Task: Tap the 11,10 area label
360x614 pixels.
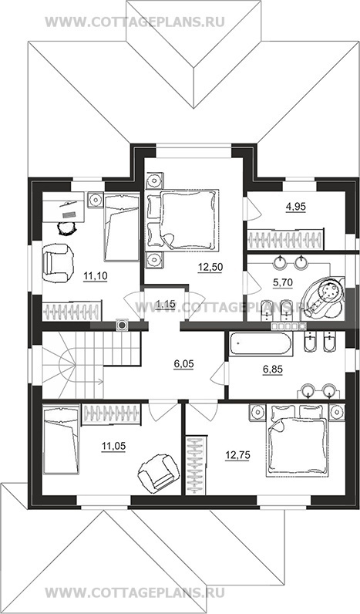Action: point(95,276)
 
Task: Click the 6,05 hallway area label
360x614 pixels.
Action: point(184,364)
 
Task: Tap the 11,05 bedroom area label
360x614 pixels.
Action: point(113,446)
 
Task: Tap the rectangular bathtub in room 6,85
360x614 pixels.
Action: point(261,344)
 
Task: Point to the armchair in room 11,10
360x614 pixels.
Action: point(58,263)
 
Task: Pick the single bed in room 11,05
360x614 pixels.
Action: point(61,440)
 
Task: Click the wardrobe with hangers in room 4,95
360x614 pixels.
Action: point(286,238)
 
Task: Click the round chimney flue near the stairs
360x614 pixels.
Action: point(122,325)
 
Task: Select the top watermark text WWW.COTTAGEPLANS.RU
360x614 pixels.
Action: point(135,22)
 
